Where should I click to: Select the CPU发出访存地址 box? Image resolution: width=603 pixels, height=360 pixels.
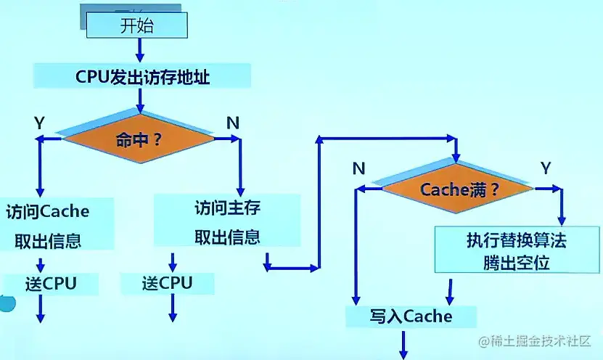click(x=142, y=76)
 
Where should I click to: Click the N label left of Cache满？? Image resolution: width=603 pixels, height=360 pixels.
click(x=358, y=168)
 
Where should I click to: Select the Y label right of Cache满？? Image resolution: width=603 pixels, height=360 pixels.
click(x=546, y=168)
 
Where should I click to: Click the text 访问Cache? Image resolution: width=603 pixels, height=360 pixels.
click(x=47, y=211)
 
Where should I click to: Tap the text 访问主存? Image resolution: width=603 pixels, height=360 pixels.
click(x=227, y=208)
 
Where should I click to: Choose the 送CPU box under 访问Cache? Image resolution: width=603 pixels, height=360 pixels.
click(x=50, y=283)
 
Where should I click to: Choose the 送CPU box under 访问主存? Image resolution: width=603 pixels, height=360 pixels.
click(x=167, y=282)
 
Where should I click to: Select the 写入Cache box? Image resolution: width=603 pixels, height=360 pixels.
click(x=411, y=316)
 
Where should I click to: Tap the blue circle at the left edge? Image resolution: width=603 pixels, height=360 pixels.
click(x=6, y=303)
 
